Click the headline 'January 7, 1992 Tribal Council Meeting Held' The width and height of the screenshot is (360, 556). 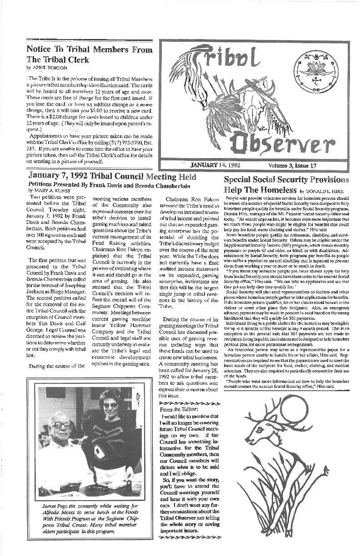[112, 177]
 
